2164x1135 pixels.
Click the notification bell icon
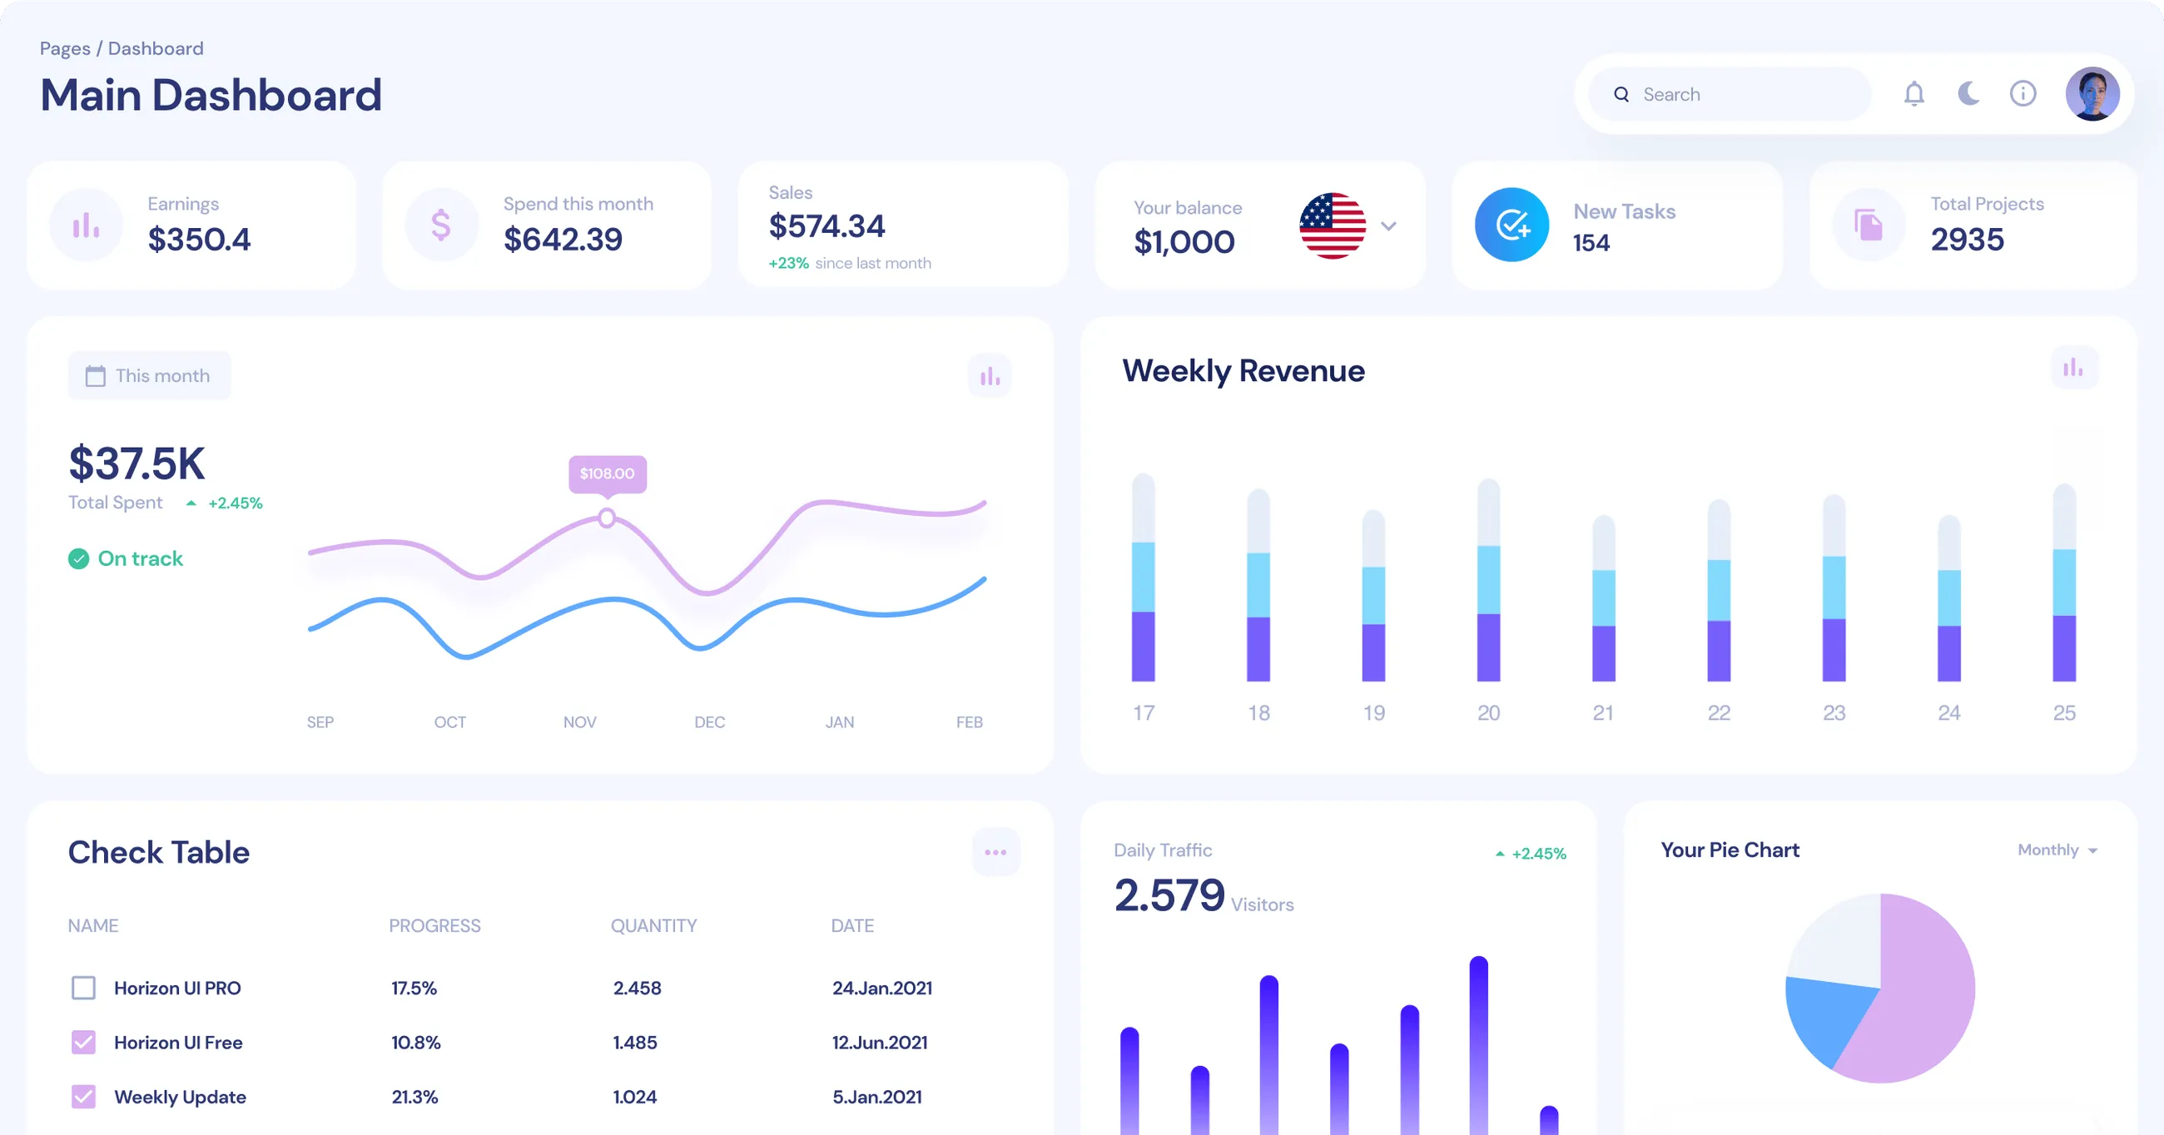click(1913, 93)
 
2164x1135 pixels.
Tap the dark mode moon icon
click(1968, 93)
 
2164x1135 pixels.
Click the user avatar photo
click(2092, 94)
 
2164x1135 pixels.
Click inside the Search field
click(1739, 94)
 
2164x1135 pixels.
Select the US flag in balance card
click(1333, 226)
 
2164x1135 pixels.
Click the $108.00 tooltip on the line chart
click(607, 473)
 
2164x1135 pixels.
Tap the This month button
click(149, 375)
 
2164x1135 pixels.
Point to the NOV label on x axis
click(579, 721)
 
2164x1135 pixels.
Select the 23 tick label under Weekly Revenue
click(1834, 712)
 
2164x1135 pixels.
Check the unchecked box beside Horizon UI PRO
click(83, 987)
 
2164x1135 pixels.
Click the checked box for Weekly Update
click(83, 1097)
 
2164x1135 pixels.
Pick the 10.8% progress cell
click(416, 1042)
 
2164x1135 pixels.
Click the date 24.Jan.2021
click(882, 988)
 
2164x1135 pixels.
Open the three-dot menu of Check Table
click(995, 852)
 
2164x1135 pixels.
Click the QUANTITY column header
click(653, 925)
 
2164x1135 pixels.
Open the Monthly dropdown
click(2057, 850)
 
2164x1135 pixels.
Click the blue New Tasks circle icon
click(1511, 225)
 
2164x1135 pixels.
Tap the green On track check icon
click(78, 558)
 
